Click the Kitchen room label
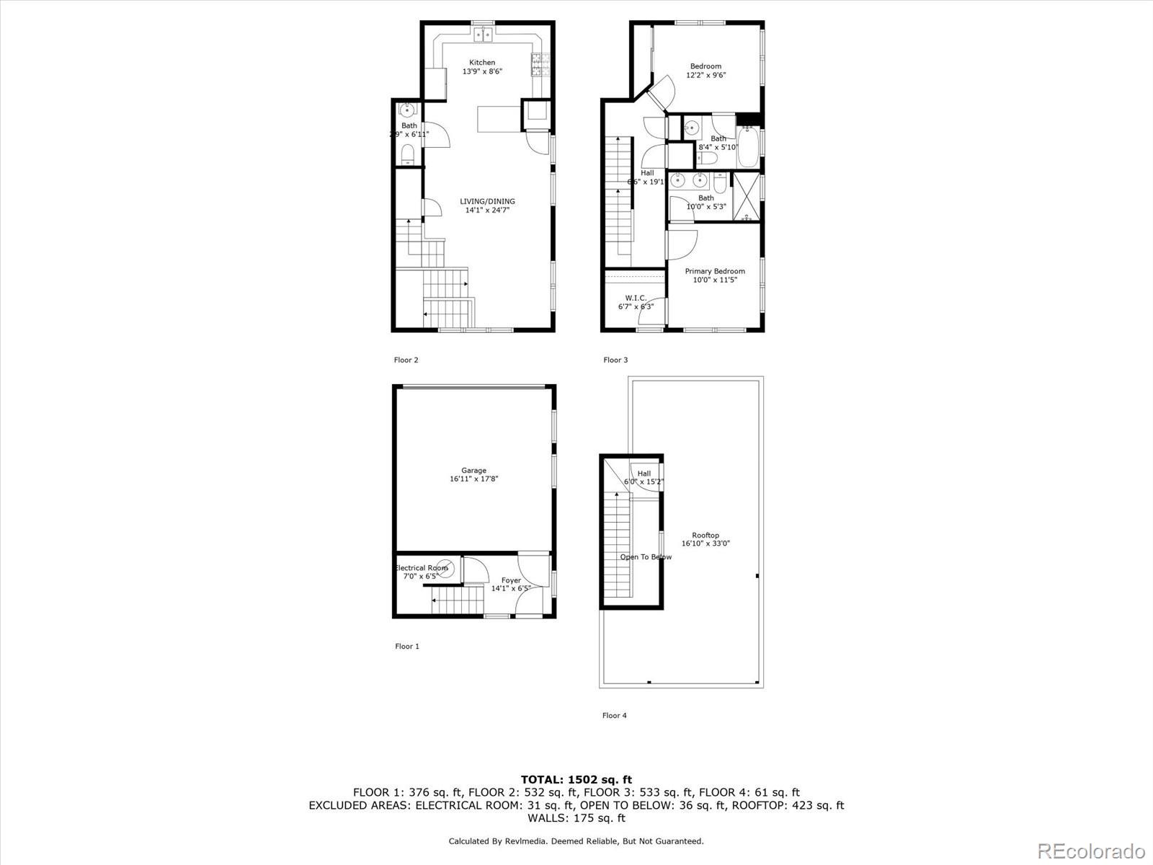click(x=482, y=63)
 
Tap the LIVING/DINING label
click(x=488, y=202)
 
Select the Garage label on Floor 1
click(x=474, y=471)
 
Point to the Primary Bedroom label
click(x=715, y=272)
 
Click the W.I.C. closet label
click(x=636, y=298)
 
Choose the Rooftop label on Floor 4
click(x=705, y=536)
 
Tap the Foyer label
click(x=511, y=580)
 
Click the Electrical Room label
click(x=422, y=568)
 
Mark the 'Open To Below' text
click(x=646, y=557)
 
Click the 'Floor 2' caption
click(x=406, y=360)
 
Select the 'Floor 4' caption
click(x=615, y=715)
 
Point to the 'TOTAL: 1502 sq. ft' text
click(x=576, y=779)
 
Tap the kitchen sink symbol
click(x=483, y=34)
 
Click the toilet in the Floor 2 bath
click(x=408, y=154)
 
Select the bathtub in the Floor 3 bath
click(x=747, y=143)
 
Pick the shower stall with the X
click(x=747, y=195)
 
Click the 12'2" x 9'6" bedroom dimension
click(x=705, y=75)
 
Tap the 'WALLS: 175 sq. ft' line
click(x=576, y=818)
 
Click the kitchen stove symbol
click(x=538, y=65)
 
